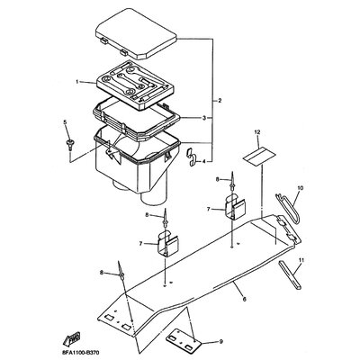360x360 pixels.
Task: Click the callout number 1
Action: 77,82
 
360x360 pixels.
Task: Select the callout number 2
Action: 220,101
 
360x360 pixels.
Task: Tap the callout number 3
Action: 204,118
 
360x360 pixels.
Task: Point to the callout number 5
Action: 65,121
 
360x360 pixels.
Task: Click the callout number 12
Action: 258,131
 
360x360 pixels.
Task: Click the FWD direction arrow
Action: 71,338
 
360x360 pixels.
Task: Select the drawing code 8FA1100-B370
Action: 81,352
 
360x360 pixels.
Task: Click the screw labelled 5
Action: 71,145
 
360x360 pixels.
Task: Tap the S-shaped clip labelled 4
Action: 192,157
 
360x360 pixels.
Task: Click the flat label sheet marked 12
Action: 258,157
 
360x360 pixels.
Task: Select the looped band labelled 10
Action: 287,208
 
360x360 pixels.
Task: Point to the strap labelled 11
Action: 290,274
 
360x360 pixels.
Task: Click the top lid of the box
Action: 136,33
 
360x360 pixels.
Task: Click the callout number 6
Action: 244,299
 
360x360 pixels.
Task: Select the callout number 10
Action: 301,188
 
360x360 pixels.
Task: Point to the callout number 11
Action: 301,260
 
